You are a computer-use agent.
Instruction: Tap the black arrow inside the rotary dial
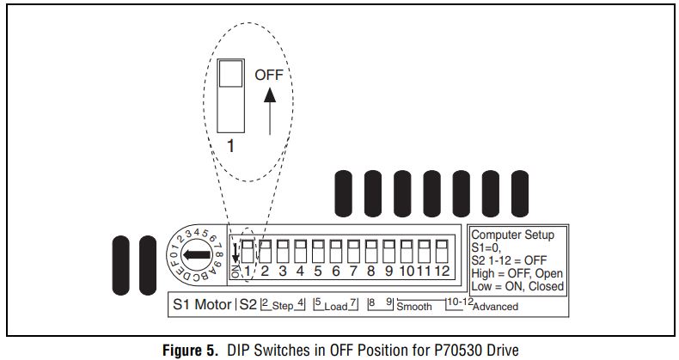pyautogui.click(x=197, y=255)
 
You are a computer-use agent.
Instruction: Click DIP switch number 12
pyautogui.click(x=442, y=253)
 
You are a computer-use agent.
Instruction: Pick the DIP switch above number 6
pyautogui.click(x=335, y=253)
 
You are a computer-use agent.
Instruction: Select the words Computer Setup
pyautogui.click(x=512, y=235)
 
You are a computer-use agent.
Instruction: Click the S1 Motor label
pyautogui.click(x=201, y=304)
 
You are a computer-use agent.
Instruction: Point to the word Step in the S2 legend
pyautogui.click(x=284, y=307)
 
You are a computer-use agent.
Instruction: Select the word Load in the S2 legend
pyautogui.click(x=336, y=307)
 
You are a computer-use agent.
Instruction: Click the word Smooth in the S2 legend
pyautogui.click(x=414, y=307)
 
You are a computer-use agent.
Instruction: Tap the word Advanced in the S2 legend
pyautogui.click(x=496, y=307)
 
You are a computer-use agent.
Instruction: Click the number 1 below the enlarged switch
pyautogui.click(x=229, y=146)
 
